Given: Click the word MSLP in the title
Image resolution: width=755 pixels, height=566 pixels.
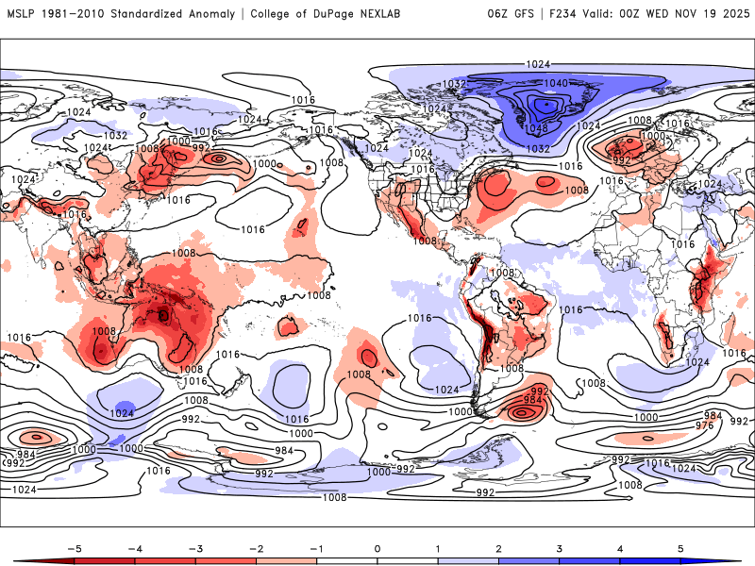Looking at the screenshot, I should (x=22, y=14).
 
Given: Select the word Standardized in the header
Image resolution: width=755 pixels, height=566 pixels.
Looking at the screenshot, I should (x=146, y=14).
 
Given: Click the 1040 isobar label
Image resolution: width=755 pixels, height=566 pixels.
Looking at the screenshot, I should (x=556, y=83).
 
